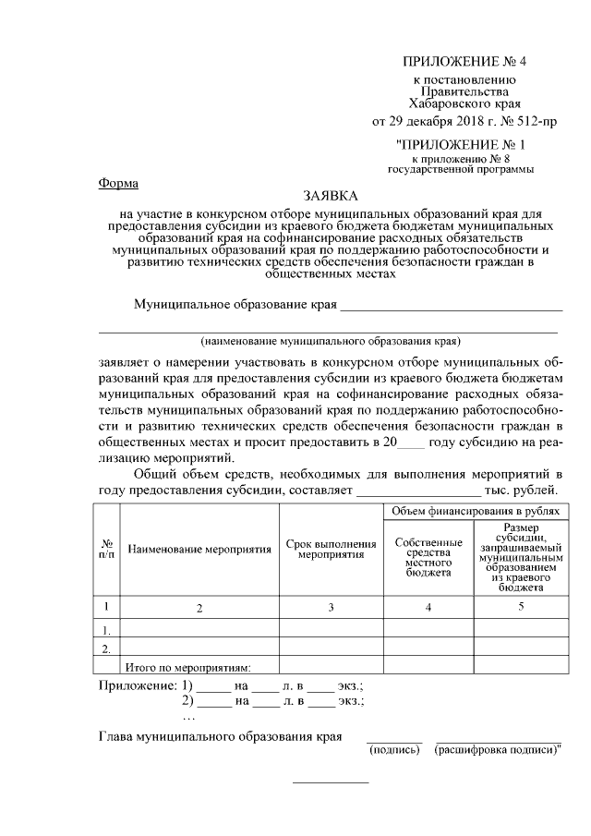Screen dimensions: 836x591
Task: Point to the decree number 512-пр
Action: (x=536, y=121)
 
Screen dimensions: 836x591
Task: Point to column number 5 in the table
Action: (x=521, y=606)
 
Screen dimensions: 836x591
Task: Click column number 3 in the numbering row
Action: (x=331, y=607)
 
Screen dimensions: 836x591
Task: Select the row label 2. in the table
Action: (x=107, y=648)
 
